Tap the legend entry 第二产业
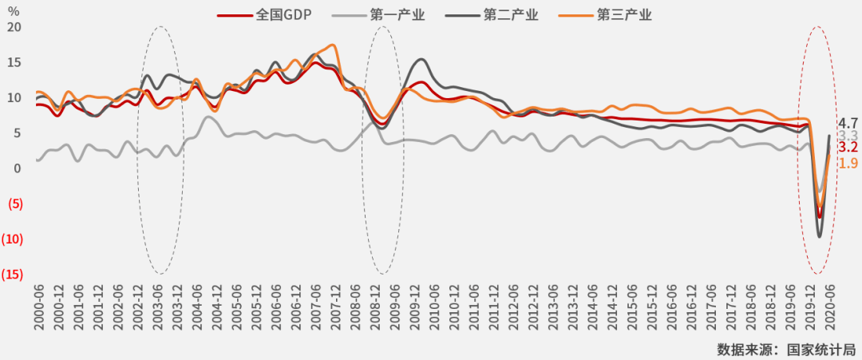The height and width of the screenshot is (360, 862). coord(511,14)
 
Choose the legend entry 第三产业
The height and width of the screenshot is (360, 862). coord(624,14)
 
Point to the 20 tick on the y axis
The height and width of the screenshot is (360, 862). coord(14,27)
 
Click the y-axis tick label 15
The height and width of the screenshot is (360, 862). coord(14,62)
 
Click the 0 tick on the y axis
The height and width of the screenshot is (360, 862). coord(18,168)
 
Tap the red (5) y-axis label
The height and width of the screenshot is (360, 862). coord(14,204)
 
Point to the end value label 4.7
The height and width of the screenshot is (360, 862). coord(848,123)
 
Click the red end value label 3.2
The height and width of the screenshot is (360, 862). coord(848,148)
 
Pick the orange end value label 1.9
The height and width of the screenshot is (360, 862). coord(848,164)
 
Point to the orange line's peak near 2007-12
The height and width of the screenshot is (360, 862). coord(333,45)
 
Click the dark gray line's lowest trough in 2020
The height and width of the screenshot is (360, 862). coord(820,236)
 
